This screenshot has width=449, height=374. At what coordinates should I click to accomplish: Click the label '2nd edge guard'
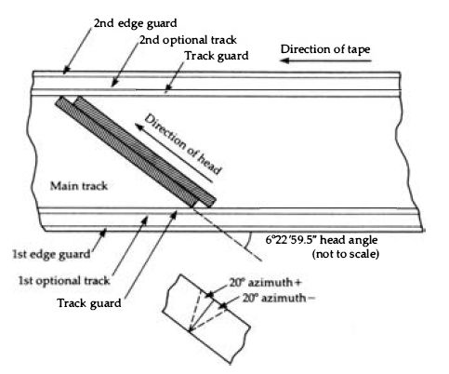[135, 23]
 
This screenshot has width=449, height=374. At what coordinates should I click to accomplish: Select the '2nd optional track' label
[188, 40]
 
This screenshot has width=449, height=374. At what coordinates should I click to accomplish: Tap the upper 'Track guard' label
[217, 56]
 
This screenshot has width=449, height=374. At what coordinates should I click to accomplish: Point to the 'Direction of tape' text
[325, 49]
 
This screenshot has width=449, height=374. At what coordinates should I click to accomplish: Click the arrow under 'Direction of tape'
[325, 60]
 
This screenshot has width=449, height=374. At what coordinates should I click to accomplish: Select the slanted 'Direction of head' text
[183, 144]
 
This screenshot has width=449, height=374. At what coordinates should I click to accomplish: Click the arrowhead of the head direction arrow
[139, 127]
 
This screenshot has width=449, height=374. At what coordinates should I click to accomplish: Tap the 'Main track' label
[79, 186]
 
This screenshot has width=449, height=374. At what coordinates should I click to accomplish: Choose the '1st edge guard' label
[51, 254]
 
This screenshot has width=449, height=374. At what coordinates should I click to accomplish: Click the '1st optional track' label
[64, 281]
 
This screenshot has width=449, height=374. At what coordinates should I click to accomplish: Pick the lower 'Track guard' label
[89, 303]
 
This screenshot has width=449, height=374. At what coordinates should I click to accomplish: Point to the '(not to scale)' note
[346, 254]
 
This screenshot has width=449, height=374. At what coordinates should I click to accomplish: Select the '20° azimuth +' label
[265, 283]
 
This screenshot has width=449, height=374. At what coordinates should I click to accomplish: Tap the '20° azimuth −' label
[279, 298]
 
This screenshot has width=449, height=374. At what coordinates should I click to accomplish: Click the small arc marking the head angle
[248, 240]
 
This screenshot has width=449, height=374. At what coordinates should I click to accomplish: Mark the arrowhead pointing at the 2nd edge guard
[65, 71]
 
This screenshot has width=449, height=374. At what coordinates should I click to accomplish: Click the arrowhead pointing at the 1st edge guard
[103, 232]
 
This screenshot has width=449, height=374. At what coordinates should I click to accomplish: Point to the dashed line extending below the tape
[228, 234]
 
